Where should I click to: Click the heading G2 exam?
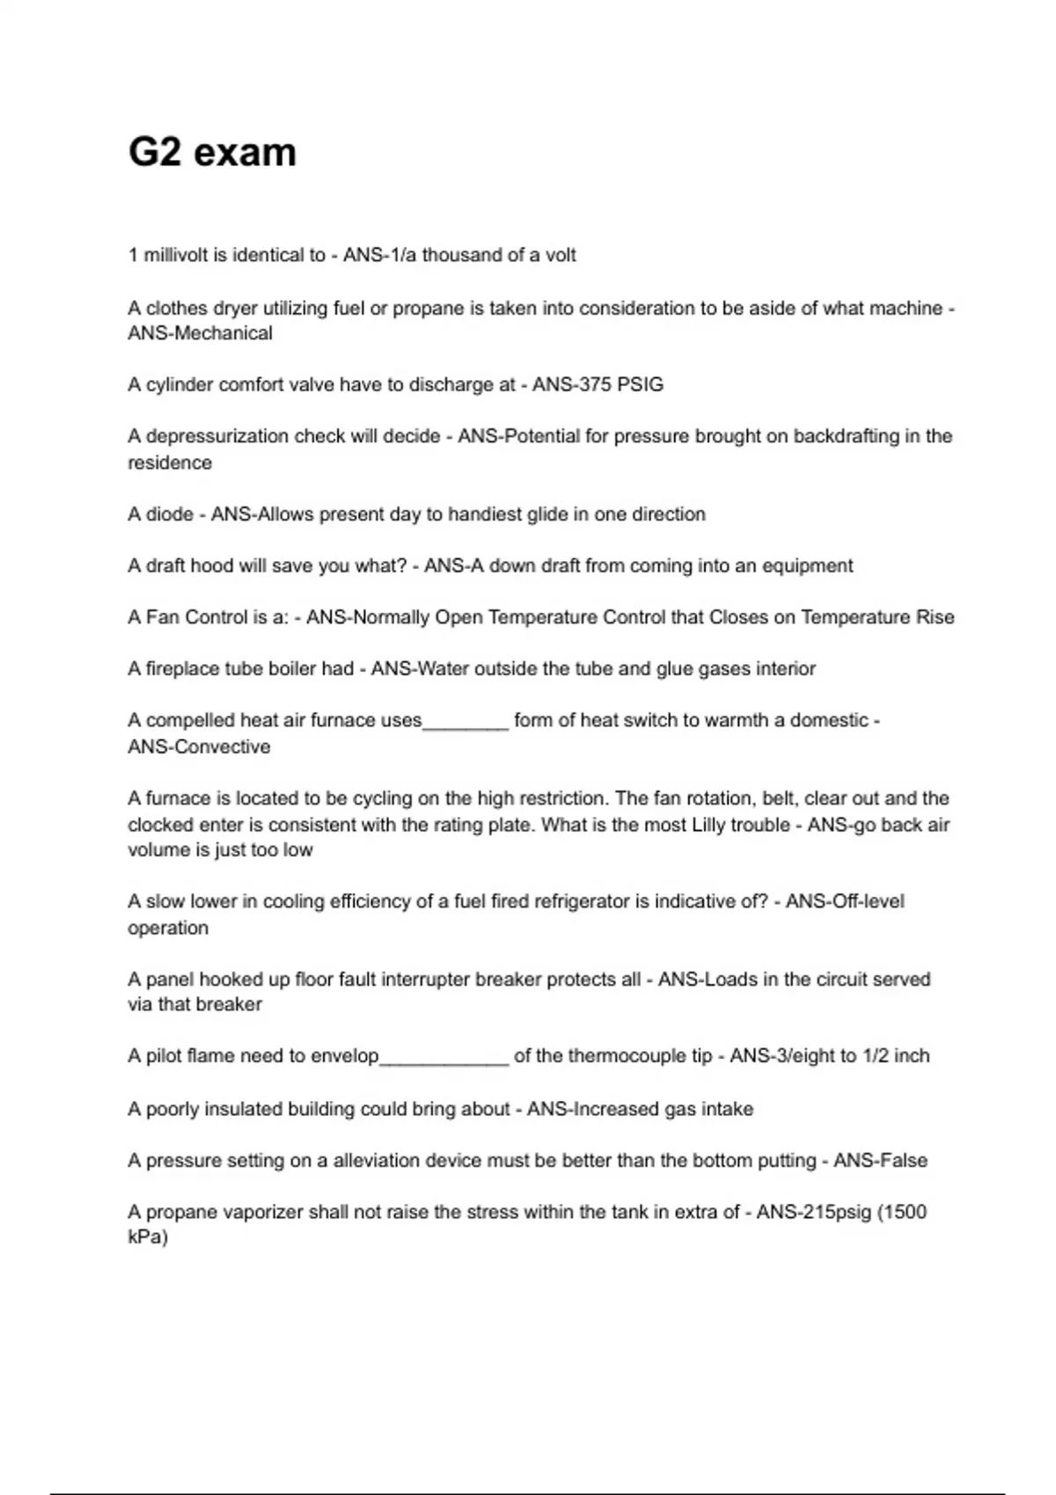coord(212,152)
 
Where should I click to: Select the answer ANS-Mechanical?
coord(200,333)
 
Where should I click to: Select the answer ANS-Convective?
coord(199,747)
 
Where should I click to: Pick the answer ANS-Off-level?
coord(845,901)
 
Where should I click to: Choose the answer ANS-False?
coord(880,1160)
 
